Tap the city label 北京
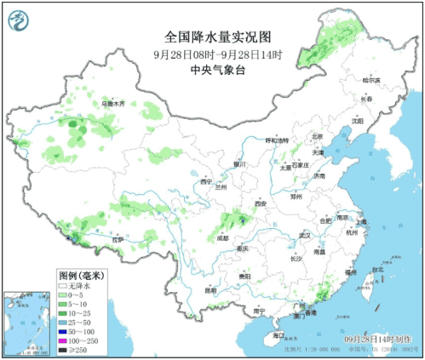click(x=316, y=136)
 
